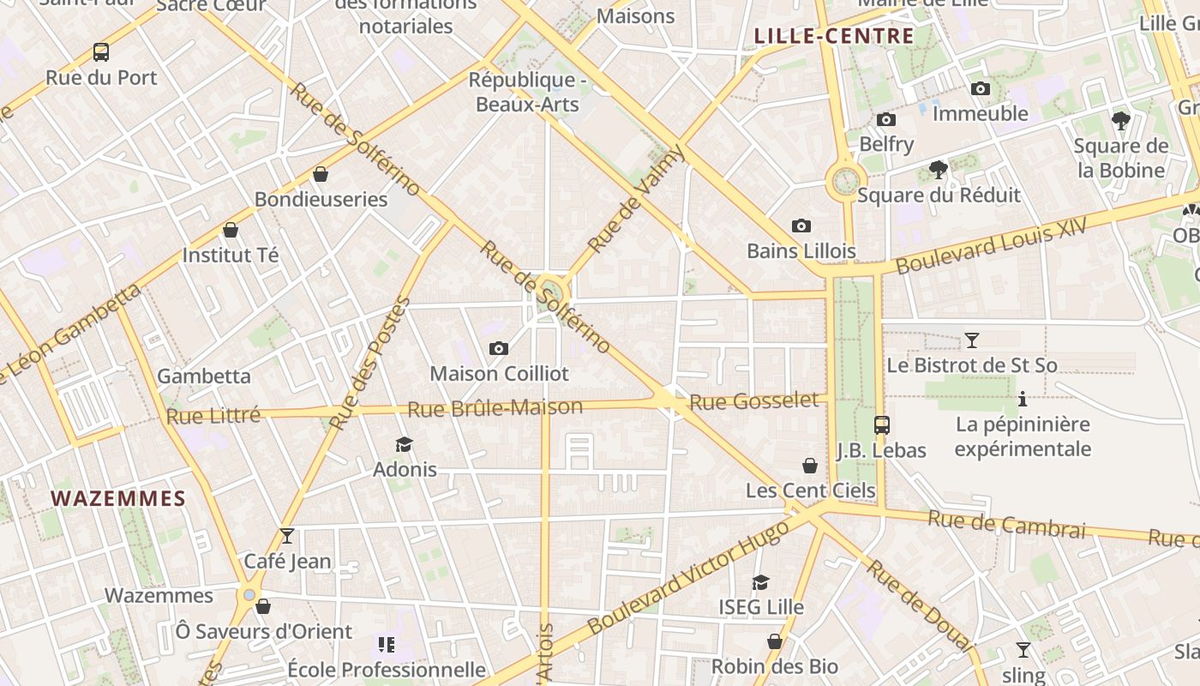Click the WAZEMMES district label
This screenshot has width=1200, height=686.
pos(118,498)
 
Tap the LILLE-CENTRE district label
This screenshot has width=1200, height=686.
pos(833,36)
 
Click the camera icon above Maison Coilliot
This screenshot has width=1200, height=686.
pos(498,348)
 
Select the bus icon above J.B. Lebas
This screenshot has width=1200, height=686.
pos(881,424)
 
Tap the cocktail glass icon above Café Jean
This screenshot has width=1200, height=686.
pos(287,536)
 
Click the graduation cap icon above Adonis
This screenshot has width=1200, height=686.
pos(404,444)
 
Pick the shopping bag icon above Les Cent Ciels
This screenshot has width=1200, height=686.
pos(810,466)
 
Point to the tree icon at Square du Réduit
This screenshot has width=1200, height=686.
pos(939,170)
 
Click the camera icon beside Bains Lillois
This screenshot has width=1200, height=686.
pos(801,226)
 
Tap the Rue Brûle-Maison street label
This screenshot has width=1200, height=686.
pos(495,408)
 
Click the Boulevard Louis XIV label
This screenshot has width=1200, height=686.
pos(991,245)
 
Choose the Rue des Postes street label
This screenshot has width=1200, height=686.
pos(370,364)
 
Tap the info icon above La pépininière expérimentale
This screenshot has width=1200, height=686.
pos(1022,399)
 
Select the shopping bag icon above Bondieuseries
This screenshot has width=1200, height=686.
pos(321,175)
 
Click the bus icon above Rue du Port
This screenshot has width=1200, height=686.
pos(101,52)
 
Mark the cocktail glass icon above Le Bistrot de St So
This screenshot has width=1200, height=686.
pos(971,340)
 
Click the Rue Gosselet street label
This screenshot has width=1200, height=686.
pos(754,400)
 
